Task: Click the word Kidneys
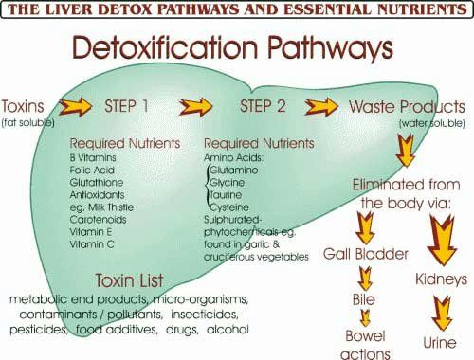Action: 441,280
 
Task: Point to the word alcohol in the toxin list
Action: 228,330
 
